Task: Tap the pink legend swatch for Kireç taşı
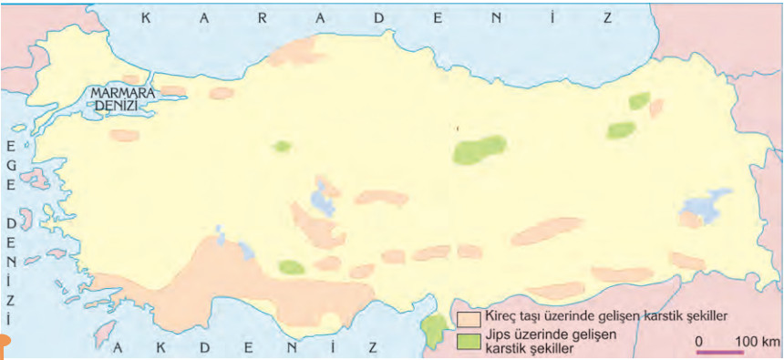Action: (x=469, y=320)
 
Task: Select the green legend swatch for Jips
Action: (x=469, y=341)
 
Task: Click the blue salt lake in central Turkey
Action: (x=320, y=198)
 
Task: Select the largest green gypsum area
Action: (x=480, y=149)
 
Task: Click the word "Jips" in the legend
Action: (x=500, y=334)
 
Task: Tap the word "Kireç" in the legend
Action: (x=503, y=316)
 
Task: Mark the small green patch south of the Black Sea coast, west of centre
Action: (x=282, y=146)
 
